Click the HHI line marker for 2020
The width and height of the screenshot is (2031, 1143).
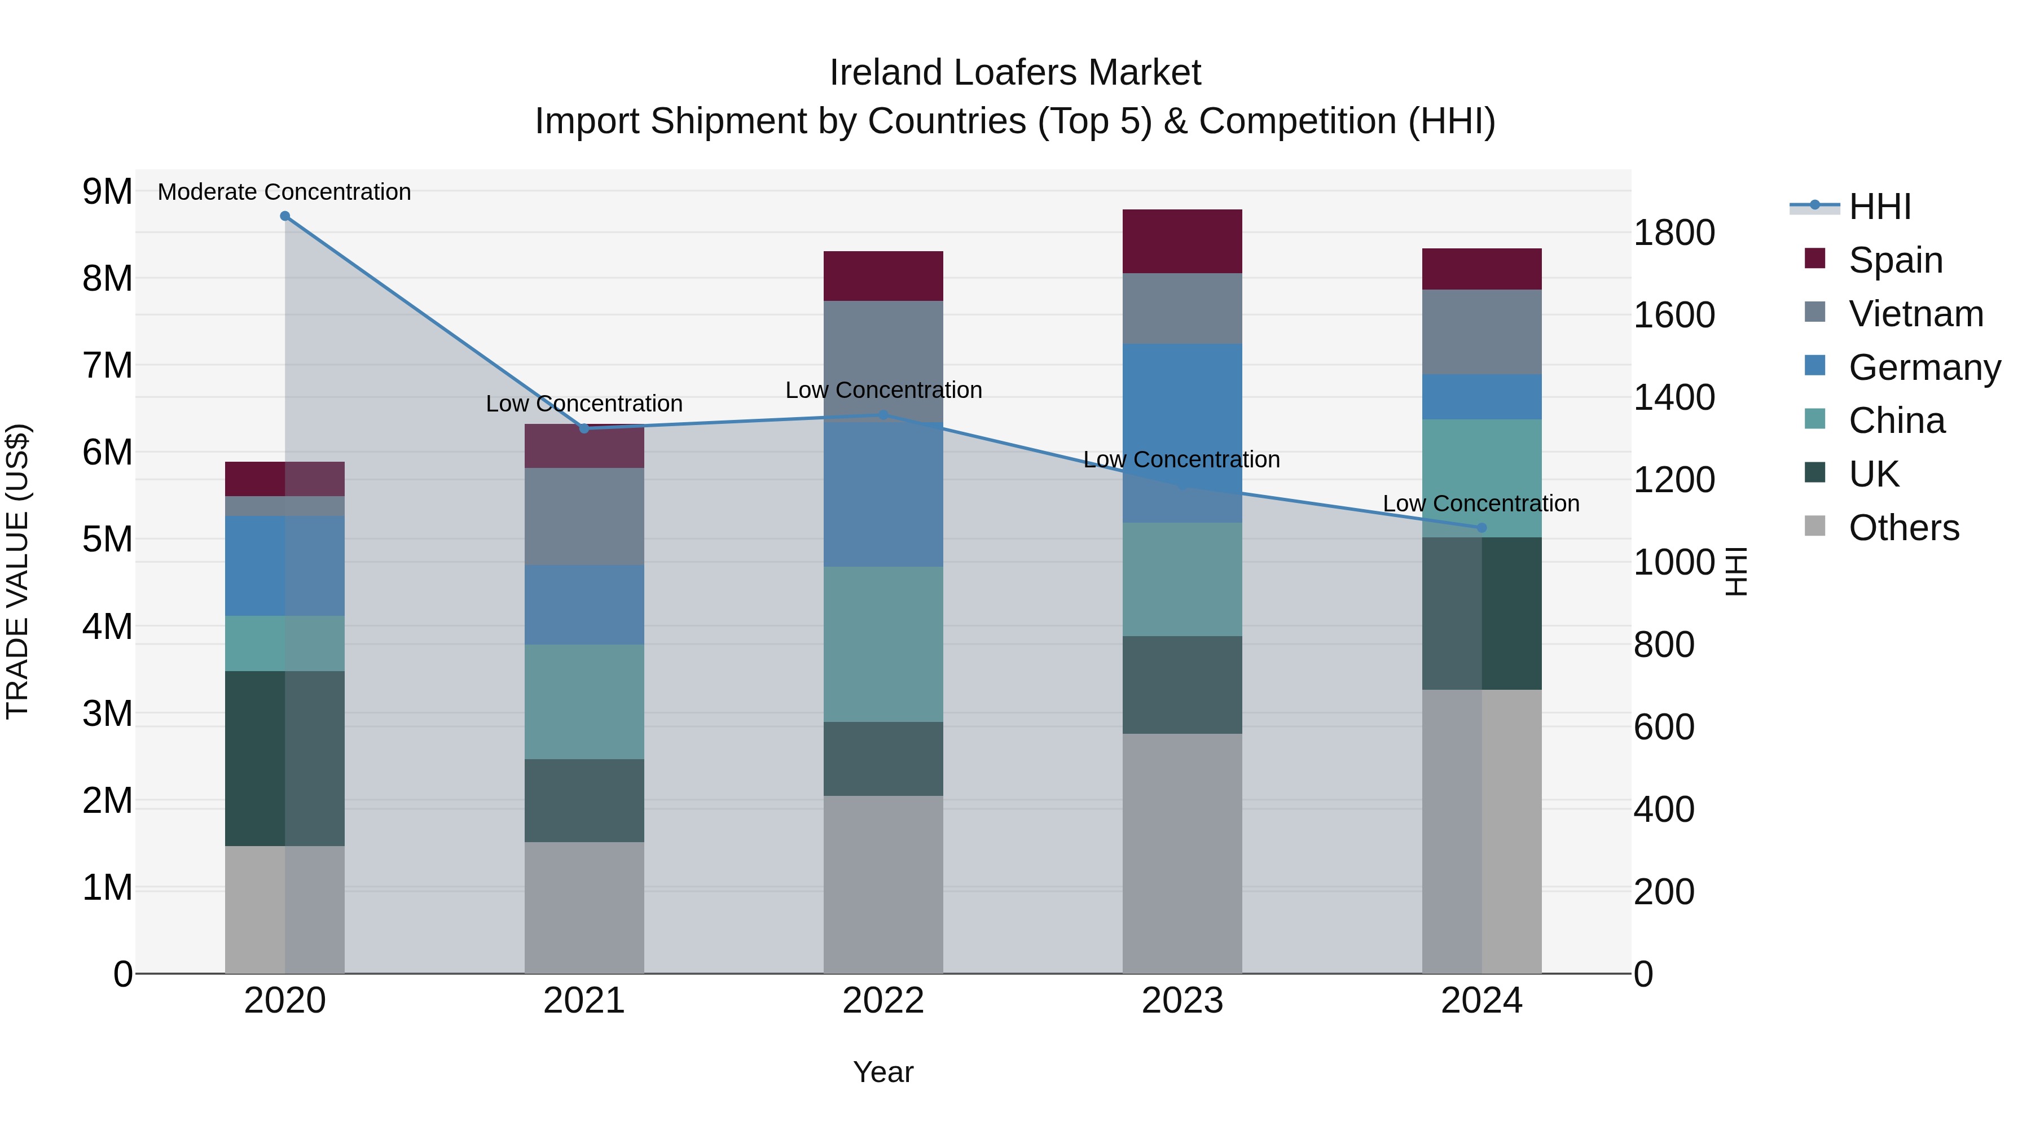pyautogui.click(x=285, y=216)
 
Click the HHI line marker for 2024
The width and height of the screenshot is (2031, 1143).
pyautogui.click(x=1482, y=528)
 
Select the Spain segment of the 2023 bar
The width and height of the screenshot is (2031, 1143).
pyautogui.click(x=1182, y=242)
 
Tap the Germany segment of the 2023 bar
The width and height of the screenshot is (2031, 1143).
pyautogui.click(x=1182, y=432)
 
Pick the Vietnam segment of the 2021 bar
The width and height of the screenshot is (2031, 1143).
pyautogui.click(x=584, y=516)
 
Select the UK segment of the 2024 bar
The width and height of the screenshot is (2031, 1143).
pyautogui.click(x=1482, y=613)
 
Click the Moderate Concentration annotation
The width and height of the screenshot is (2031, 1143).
pyautogui.click(x=285, y=192)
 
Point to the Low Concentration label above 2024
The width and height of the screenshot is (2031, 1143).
pyautogui.click(x=1481, y=503)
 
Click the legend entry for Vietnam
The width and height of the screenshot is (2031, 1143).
pyautogui.click(x=1916, y=314)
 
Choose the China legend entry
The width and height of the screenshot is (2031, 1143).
pyautogui.click(x=1896, y=421)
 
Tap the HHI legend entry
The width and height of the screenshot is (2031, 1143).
pyautogui.click(x=1880, y=207)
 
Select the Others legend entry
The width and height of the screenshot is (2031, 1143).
pyautogui.click(x=1903, y=528)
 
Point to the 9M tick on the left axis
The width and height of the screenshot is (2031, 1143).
pyautogui.click(x=107, y=192)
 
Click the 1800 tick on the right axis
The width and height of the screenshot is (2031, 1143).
pyautogui.click(x=1673, y=234)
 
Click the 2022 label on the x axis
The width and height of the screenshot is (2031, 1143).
pyautogui.click(x=883, y=1001)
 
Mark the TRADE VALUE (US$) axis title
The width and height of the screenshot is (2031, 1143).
pyautogui.click(x=17, y=571)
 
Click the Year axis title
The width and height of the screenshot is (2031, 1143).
pyautogui.click(x=883, y=1072)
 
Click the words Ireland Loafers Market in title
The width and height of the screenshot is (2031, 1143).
pyautogui.click(x=1015, y=73)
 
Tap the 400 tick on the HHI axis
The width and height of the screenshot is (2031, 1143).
pyautogui.click(x=1664, y=809)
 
